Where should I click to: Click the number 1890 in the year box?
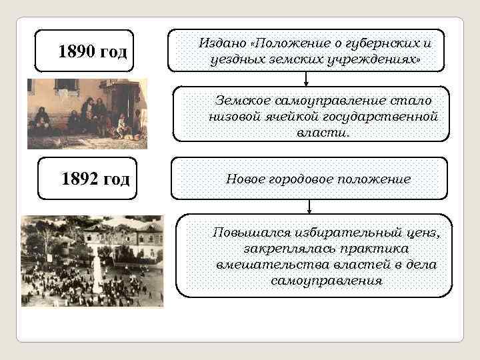tap(78, 51)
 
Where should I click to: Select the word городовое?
tap(305, 179)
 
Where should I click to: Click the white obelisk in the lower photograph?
tap(98, 273)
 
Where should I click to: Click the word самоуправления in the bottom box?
tap(327, 281)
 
